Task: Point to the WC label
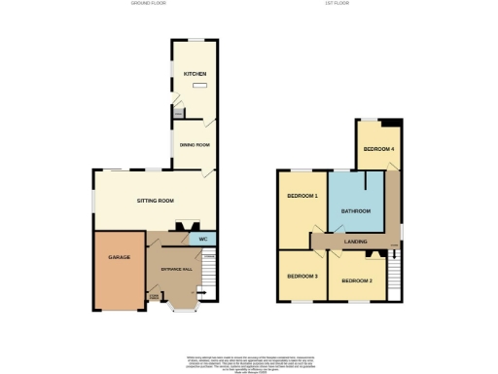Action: [203, 239]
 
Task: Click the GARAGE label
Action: [119, 258]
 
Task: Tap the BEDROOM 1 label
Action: [302, 196]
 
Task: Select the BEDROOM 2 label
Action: [357, 281]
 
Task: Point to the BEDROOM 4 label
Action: [377, 149]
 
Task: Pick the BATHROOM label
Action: [355, 211]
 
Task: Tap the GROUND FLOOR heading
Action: [150, 4]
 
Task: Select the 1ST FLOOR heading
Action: [338, 4]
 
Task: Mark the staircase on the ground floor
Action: [208, 278]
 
